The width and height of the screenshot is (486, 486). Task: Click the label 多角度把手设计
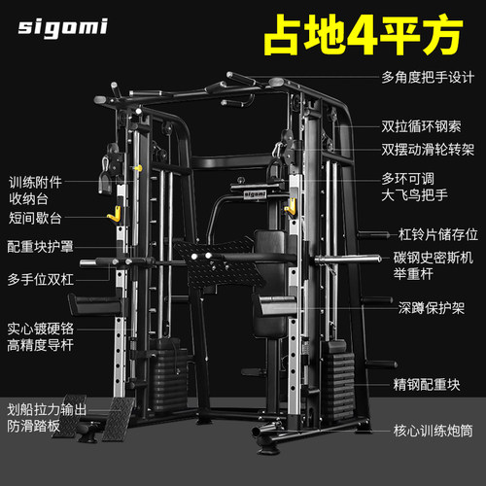coord(428,78)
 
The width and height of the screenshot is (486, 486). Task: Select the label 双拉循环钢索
coord(421,126)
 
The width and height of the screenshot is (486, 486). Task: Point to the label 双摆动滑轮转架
coord(428,150)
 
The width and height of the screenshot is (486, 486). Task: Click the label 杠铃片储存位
coord(438,234)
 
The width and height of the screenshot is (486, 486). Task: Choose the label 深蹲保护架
coord(432,308)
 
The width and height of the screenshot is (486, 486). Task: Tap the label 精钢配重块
coord(427,385)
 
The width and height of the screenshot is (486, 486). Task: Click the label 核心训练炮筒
coord(433,431)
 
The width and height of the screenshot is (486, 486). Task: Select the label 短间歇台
coord(35,218)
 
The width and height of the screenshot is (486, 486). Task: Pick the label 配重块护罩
coord(41,247)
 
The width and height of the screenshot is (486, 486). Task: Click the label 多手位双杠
coord(41,279)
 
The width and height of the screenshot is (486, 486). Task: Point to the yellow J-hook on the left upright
coord(115,214)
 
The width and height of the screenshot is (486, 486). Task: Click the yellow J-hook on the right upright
coord(291,206)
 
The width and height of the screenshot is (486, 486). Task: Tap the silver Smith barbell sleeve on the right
coord(348,260)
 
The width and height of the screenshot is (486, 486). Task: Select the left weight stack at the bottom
coord(169,376)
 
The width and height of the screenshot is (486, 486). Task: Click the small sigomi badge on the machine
coord(255,194)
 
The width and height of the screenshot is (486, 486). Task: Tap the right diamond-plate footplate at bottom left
coord(118,419)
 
